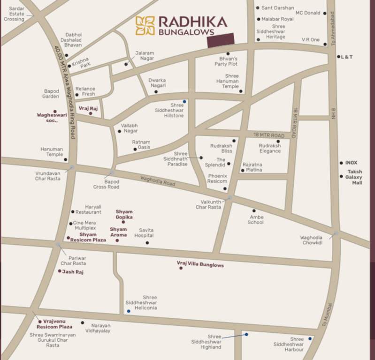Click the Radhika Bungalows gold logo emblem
click(145, 26)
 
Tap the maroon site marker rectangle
click(221, 40)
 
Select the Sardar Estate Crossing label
click(14, 14)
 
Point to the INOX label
click(351, 163)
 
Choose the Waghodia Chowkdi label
click(311, 240)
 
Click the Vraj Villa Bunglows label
click(200, 265)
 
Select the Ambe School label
click(256, 220)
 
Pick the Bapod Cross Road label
click(106, 184)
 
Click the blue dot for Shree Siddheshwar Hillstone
click(184, 101)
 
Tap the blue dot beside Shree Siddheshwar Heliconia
click(129, 311)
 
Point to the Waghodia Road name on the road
click(158, 180)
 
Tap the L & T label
click(347, 57)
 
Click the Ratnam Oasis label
click(141, 145)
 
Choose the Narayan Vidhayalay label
click(100, 328)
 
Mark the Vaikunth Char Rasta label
click(208, 204)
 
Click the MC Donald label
click(308, 13)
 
